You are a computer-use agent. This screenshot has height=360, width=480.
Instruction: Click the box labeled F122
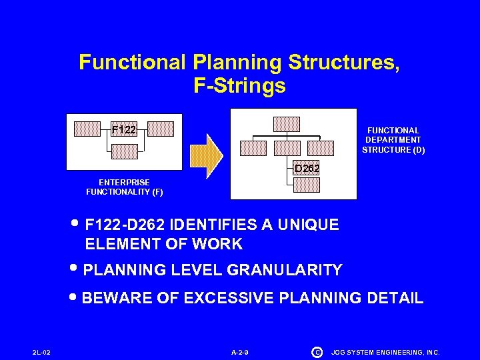(123, 129)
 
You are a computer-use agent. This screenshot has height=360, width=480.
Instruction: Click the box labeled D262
(307, 168)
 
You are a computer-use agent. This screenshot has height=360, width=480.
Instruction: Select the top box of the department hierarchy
(287, 124)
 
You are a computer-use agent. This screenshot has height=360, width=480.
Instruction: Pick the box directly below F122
(124, 151)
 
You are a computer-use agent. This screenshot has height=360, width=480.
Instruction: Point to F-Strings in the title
(239, 86)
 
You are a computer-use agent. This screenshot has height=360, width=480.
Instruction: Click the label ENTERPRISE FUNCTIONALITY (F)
(124, 187)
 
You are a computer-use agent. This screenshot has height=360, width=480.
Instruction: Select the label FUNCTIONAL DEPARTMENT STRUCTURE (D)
(393, 140)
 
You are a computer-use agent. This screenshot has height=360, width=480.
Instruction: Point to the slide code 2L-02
(41, 351)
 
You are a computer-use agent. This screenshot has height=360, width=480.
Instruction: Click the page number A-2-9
(240, 351)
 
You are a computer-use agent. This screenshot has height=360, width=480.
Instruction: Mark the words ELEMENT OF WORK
(164, 244)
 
